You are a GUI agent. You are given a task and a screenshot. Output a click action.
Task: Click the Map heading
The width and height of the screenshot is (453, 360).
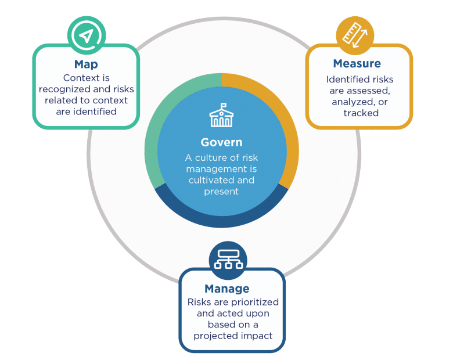pyautogui.click(x=86, y=64)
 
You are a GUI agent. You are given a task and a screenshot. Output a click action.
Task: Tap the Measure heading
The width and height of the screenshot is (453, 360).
pyautogui.click(x=357, y=64)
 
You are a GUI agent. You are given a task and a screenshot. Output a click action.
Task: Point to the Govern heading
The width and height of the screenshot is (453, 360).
pyautogui.click(x=221, y=142)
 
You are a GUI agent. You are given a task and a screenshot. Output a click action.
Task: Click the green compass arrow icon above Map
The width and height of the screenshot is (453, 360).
pyautogui.click(x=86, y=36)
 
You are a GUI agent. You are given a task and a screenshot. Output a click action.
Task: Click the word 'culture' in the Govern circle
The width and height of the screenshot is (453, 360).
pyautogui.click(x=213, y=157)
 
